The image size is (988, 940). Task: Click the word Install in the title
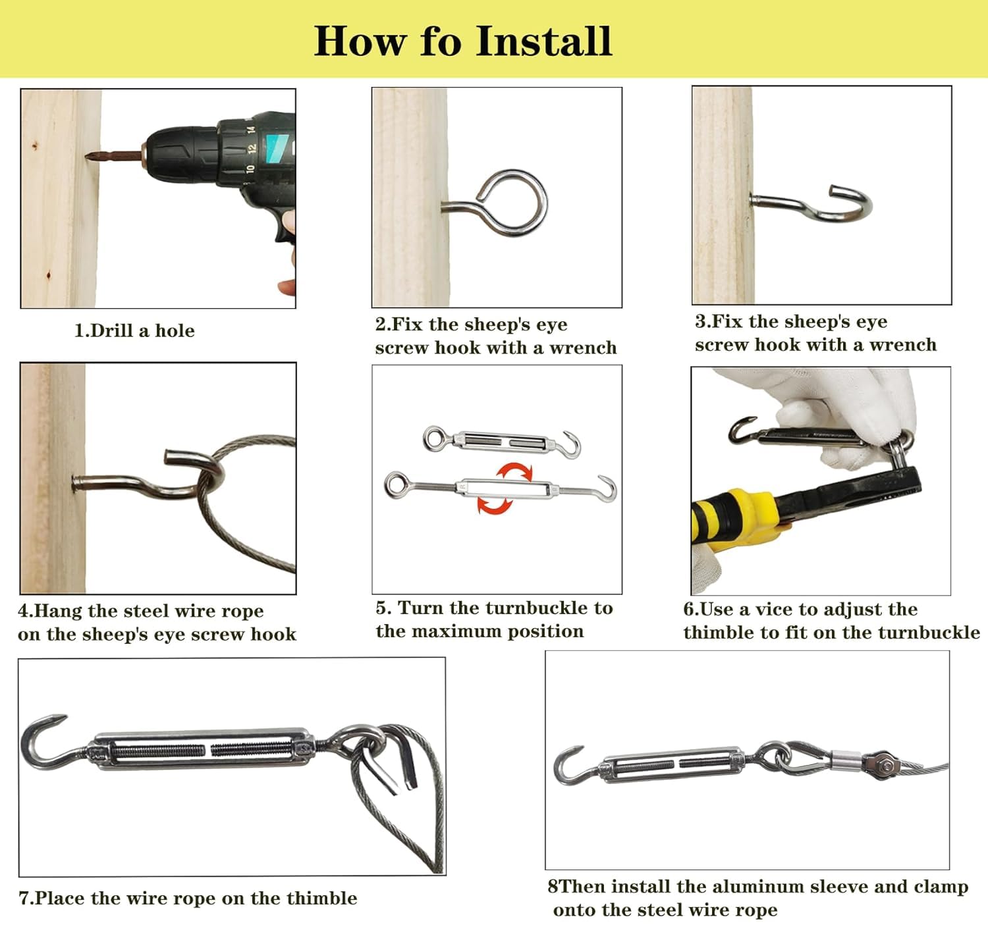[x=544, y=41]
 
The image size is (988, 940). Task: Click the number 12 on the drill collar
[x=252, y=148]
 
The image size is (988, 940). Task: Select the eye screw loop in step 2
[x=511, y=202]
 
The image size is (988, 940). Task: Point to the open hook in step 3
[x=849, y=203]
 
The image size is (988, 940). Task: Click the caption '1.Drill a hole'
[x=134, y=330]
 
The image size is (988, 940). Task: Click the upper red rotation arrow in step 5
[x=514, y=472]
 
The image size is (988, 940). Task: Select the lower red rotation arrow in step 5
[x=495, y=505]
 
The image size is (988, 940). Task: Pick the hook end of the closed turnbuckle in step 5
[x=571, y=444]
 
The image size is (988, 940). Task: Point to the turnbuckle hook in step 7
[x=45, y=743]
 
